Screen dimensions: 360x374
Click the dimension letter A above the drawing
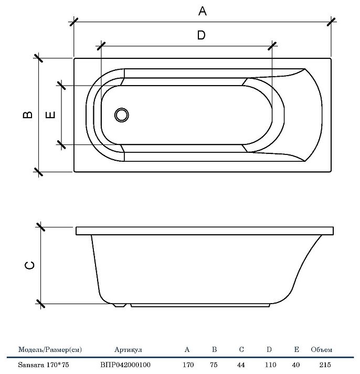point(203,11)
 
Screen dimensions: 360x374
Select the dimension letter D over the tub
point(202,35)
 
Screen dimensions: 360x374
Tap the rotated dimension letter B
point(28,115)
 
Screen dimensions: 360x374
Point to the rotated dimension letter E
point(50,115)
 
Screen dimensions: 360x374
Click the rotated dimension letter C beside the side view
point(29,265)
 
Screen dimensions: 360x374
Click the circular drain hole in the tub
point(122,115)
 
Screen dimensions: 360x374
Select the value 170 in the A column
point(188,365)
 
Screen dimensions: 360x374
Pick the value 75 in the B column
point(214,365)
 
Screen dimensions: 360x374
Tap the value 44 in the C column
point(241,365)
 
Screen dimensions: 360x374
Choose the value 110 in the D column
point(270,365)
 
